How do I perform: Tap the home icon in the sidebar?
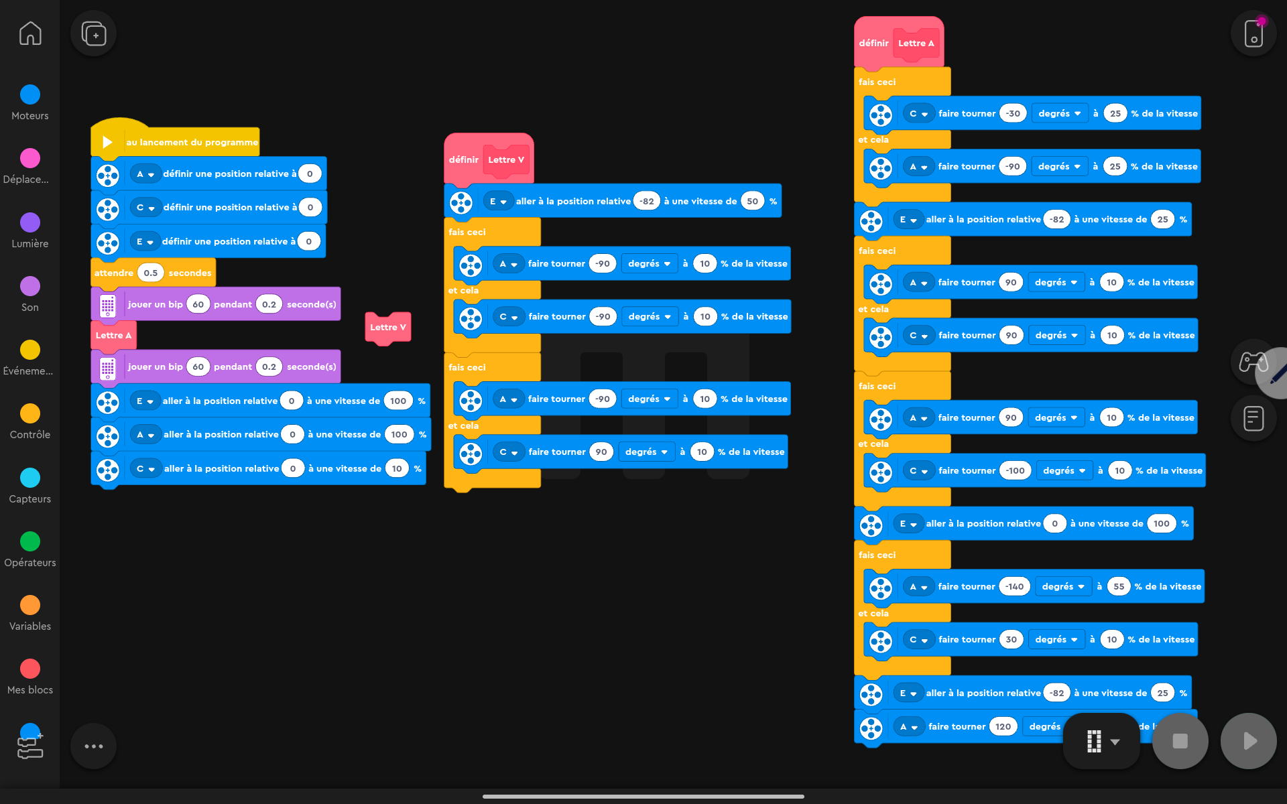pyautogui.click(x=30, y=33)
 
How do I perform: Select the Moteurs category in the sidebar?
pyautogui.click(x=30, y=94)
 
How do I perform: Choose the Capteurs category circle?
pyautogui.click(x=30, y=478)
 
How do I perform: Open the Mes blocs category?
pyautogui.click(x=30, y=669)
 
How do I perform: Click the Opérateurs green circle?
pyautogui.click(x=30, y=541)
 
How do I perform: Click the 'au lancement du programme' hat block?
pyautogui.click(x=191, y=142)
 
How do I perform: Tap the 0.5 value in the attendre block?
pyautogui.click(x=151, y=273)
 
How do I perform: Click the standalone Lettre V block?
pyautogui.click(x=387, y=327)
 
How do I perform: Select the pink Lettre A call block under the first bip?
pyautogui.click(x=113, y=335)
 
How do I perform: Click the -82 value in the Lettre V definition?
pyautogui.click(x=647, y=201)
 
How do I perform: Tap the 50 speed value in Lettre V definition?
pyautogui.click(x=752, y=201)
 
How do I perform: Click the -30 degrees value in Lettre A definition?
pyautogui.click(x=1013, y=113)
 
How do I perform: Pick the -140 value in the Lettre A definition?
pyautogui.click(x=1014, y=586)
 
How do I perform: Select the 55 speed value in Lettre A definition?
pyautogui.click(x=1119, y=586)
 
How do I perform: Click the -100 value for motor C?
pyautogui.click(x=1015, y=470)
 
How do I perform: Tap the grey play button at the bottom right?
pyautogui.click(x=1248, y=741)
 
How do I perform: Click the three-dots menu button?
pyautogui.click(x=94, y=746)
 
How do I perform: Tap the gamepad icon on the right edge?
pyautogui.click(x=1252, y=362)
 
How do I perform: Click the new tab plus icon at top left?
pyautogui.click(x=94, y=33)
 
